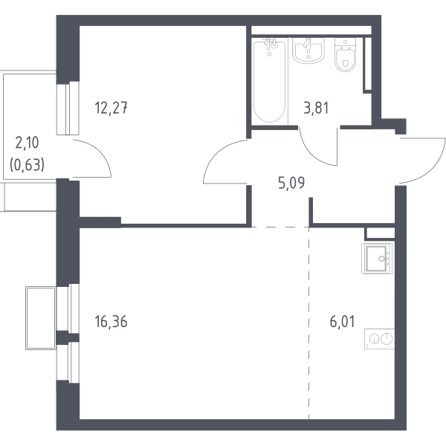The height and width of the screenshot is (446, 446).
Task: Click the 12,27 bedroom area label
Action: [x=111, y=109]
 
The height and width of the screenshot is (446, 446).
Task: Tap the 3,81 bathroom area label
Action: [x=316, y=108]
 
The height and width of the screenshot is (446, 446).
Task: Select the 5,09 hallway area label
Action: [x=291, y=183]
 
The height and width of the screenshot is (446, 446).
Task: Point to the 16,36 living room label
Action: [x=111, y=322]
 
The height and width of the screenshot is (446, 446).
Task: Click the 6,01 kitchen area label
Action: [x=342, y=322]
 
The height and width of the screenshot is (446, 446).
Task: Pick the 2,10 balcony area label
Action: [x=27, y=143]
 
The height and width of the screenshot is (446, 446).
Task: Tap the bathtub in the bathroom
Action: [x=269, y=81]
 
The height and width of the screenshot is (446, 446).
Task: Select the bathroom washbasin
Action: [x=308, y=51]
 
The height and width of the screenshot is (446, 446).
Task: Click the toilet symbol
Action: [x=346, y=54]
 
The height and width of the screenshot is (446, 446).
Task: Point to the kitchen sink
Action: [x=377, y=259]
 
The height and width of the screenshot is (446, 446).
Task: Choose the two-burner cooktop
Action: [x=379, y=339]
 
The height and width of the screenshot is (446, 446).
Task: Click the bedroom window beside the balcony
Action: [x=68, y=108]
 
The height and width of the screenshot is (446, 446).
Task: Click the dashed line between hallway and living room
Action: [x=280, y=227]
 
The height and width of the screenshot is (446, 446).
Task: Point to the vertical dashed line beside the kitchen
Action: [x=309, y=323]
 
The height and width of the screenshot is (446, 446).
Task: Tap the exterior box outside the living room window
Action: [x=40, y=318]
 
